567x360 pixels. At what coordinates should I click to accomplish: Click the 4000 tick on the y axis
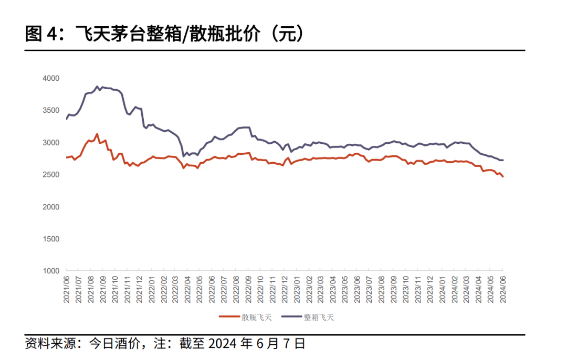pos(51,78)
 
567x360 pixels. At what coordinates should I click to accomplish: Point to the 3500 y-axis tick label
pos(51,110)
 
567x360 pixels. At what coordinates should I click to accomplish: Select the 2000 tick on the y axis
pos(51,207)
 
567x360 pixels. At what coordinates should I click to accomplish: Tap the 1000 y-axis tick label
pos(51,271)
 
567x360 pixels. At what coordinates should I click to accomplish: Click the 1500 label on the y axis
pos(51,239)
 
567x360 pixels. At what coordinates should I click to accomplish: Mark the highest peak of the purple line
pos(97,86)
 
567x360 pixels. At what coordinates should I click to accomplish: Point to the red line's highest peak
pos(97,134)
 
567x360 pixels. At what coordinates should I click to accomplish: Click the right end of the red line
pos(503,176)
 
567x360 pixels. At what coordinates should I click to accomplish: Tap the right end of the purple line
pos(503,160)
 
